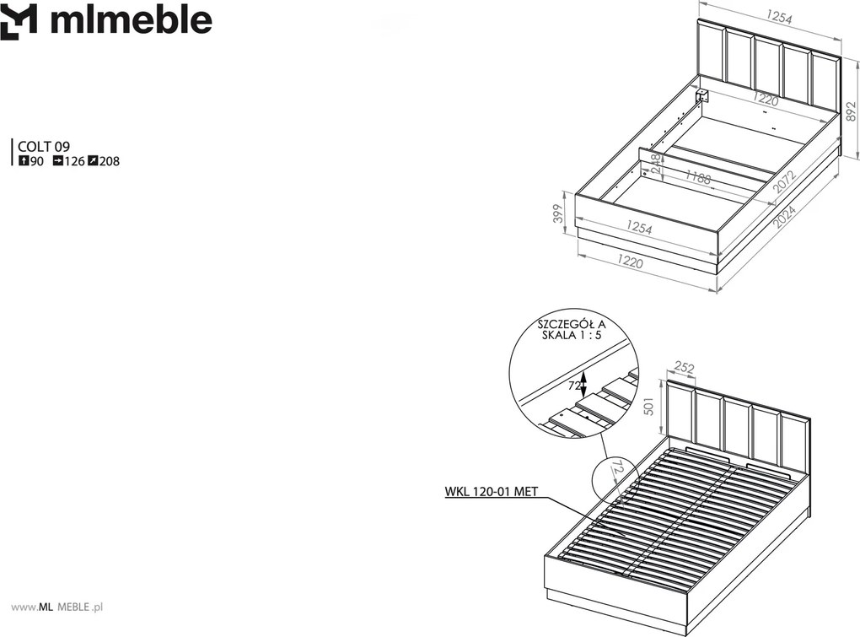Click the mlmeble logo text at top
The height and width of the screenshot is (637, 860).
(131, 20)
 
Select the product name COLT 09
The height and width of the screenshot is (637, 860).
(44, 147)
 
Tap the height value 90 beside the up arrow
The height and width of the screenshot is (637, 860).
(37, 161)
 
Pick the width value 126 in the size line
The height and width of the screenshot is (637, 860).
(74, 161)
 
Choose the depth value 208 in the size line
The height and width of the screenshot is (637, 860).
(109, 161)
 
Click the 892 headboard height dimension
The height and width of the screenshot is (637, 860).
(851, 111)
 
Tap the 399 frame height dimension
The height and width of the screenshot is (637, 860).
(558, 214)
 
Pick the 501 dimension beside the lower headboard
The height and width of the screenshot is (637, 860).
(649, 407)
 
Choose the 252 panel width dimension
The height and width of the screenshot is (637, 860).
(684, 368)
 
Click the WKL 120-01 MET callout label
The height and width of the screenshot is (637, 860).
(491, 492)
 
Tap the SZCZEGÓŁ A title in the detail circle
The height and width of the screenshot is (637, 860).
(572, 324)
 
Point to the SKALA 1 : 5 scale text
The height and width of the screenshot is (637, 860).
(572, 335)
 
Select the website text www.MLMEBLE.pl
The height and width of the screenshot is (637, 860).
(57, 607)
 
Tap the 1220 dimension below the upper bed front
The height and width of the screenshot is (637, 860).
(630, 262)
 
